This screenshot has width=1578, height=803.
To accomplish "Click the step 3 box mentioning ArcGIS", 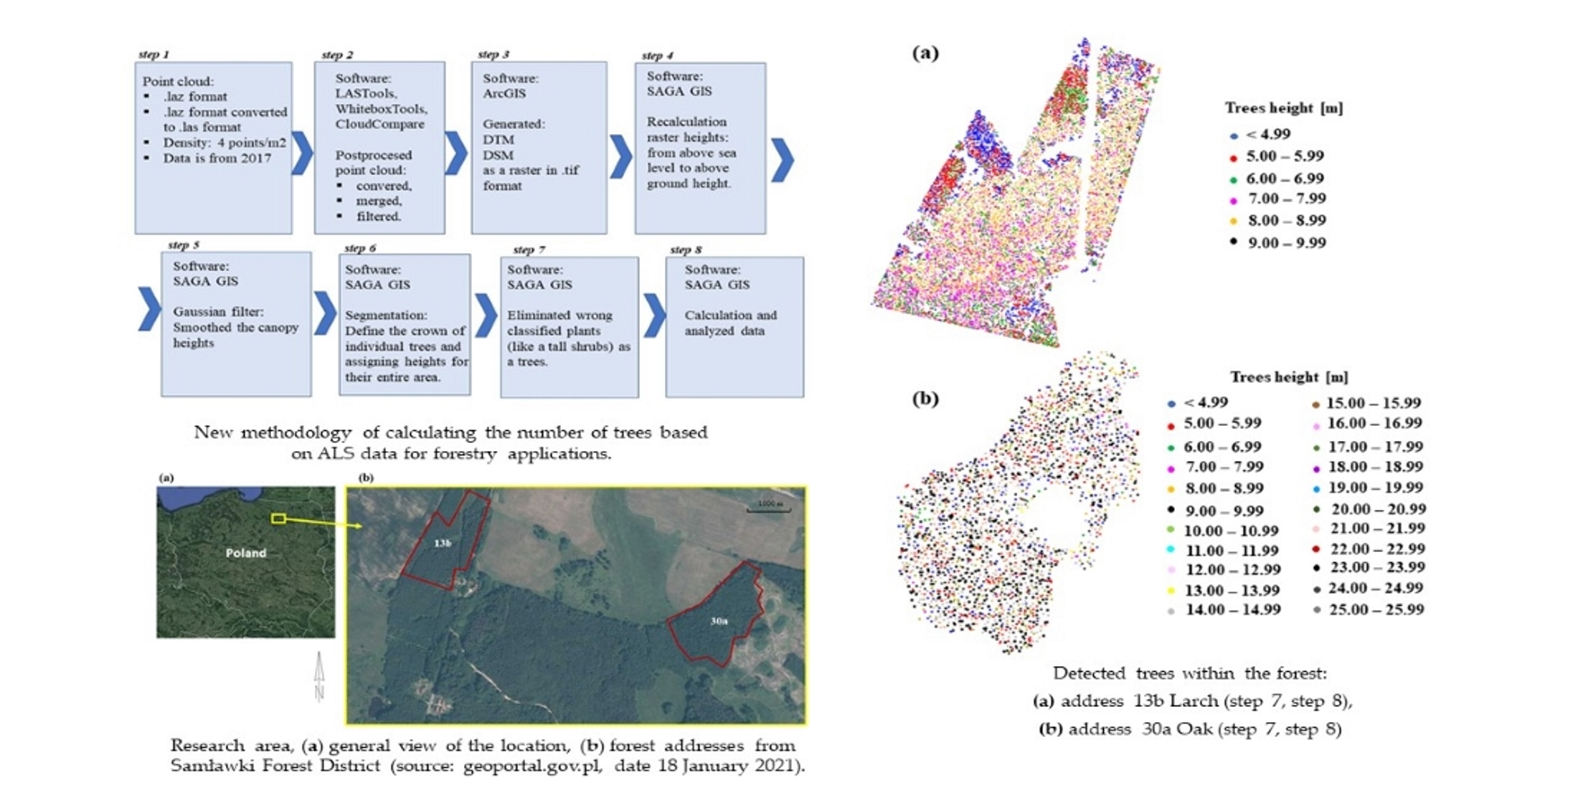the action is pos(539,147).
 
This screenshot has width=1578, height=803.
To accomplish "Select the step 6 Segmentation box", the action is pos(405,324).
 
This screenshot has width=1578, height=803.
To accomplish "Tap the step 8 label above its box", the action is pos(686,250).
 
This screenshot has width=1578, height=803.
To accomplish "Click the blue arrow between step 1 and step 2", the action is pos(303,153).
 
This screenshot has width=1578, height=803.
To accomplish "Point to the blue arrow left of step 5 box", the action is pos(149,309).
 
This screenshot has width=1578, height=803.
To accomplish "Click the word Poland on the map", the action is pos(245,553).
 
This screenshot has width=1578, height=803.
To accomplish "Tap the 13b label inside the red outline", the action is pos(443,543).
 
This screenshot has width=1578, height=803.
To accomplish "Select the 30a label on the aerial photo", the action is pos(719,621).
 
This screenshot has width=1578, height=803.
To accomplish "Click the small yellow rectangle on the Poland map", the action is pos(278,518).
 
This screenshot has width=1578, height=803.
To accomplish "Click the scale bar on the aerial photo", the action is pos(768,507).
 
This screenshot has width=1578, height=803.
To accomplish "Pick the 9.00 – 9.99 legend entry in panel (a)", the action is pos(1286,243).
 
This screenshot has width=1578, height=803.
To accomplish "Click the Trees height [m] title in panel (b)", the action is pos(1289,377).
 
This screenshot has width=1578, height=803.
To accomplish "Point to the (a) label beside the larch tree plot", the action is pos(925,52).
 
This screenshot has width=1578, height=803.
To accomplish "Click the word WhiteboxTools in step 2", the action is pos(381,109).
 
